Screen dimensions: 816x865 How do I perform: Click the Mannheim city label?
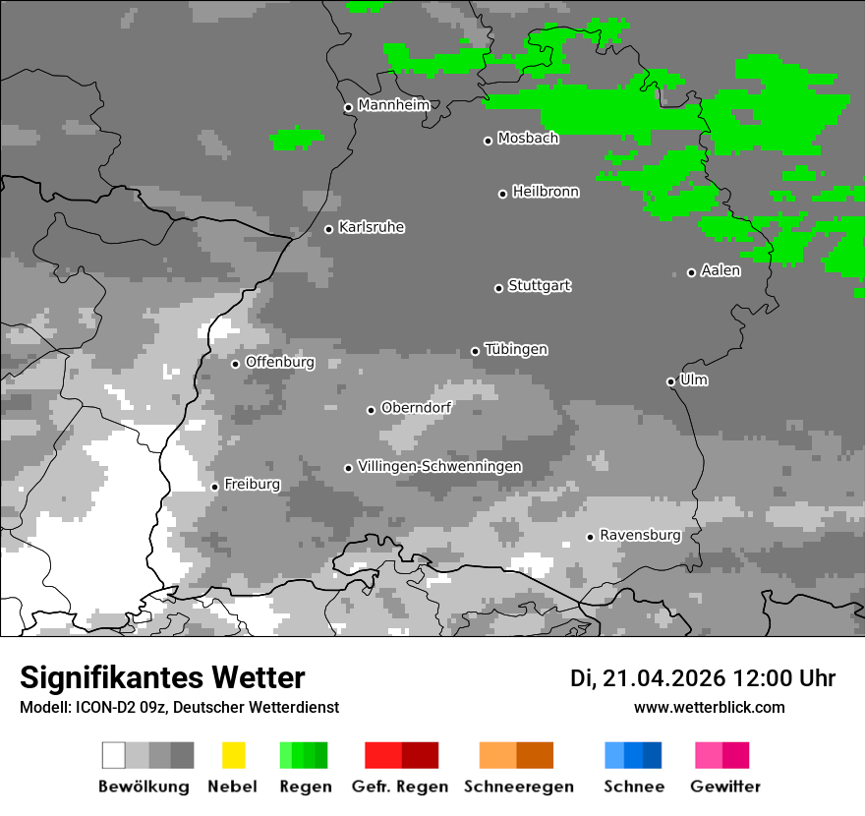click(x=393, y=104)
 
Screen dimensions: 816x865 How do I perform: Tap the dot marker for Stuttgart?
click(x=498, y=288)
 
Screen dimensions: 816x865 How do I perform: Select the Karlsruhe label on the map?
click(x=371, y=227)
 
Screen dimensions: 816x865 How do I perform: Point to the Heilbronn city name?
click(x=546, y=192)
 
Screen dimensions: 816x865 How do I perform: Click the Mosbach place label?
click(x=528, y=138)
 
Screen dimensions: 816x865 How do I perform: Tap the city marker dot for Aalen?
click(x=691, y=272)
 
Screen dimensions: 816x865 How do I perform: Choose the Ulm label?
click(x=693, y=379)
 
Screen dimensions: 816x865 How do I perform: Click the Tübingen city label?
click(x=516, y=349)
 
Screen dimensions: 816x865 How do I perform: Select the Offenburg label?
click(x=279, y=362)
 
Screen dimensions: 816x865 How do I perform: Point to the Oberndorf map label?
click(x=416, y=407)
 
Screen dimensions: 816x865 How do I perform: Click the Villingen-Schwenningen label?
click(x=439, y=466)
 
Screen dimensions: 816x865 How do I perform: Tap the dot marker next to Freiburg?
click(x=214, y=487)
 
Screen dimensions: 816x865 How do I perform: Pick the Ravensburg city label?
click(x=640, y=535)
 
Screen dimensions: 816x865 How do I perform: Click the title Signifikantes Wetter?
click(x=162, y=677)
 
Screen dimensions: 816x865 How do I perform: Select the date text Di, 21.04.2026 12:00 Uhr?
click(x=703, y=678)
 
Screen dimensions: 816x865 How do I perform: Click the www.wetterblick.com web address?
click(x=709, y=707)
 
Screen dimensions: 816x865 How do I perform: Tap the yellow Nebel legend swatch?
click(x=233, y=755)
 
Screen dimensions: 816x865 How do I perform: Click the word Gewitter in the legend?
click(x=724, y=787)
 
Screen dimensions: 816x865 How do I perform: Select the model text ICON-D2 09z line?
click(x=179, y=707)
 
